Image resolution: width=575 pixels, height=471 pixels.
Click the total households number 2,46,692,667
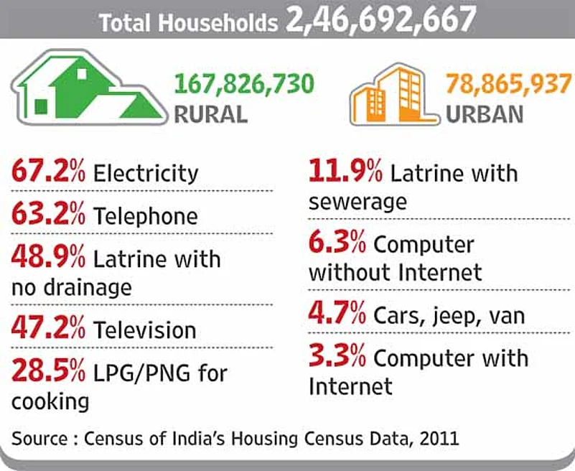coord(381,21)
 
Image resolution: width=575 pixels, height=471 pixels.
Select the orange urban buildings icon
coord(394,95)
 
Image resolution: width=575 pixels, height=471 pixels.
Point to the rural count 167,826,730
coord(244,84)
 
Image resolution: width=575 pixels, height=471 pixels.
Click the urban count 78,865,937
coord(510,83)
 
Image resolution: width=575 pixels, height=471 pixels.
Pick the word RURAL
coord(211,114)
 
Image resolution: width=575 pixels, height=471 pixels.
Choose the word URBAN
coord(485,114)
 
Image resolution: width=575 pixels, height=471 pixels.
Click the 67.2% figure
coord(48,171)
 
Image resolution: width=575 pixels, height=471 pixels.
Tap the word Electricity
coord(146,174)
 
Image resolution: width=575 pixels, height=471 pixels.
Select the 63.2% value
coord(48,213)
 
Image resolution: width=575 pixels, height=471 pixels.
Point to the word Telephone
coord(146,216)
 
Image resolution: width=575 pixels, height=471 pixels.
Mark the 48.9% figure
coord(48,256)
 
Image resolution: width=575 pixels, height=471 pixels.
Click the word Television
coord(145,330)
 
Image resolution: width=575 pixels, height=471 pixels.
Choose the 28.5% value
coord(48,370)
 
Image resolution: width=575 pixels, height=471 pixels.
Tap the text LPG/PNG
coord(142,374)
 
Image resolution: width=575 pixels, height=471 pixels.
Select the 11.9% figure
coord(345,171)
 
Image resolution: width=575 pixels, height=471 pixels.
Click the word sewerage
coord(357,202)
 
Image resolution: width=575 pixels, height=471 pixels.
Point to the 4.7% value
coord(337,313)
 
